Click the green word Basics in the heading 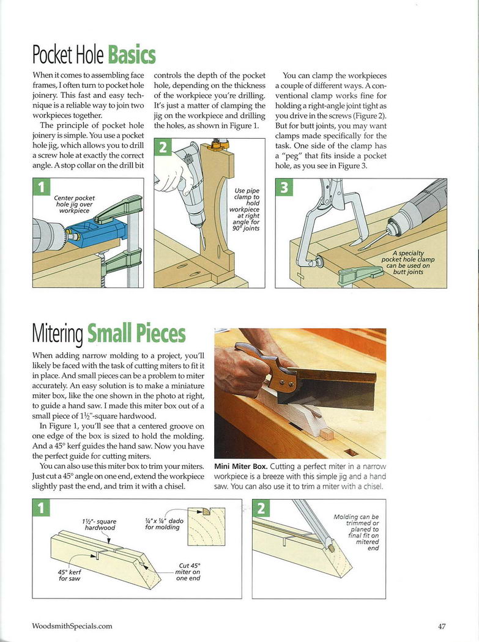tap(132, 55)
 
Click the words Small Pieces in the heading tap(136, 333)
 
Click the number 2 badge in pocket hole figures tap(163, 148)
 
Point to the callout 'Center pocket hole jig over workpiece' tap(75, 204)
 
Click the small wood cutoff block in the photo tap(328, 435)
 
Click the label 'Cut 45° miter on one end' tap(188, 572)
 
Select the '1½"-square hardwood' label tap(99, 524)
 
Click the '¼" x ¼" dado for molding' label tap(162, 523)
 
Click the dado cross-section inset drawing tap(206, 526)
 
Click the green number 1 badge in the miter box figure tap(40, 508)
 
